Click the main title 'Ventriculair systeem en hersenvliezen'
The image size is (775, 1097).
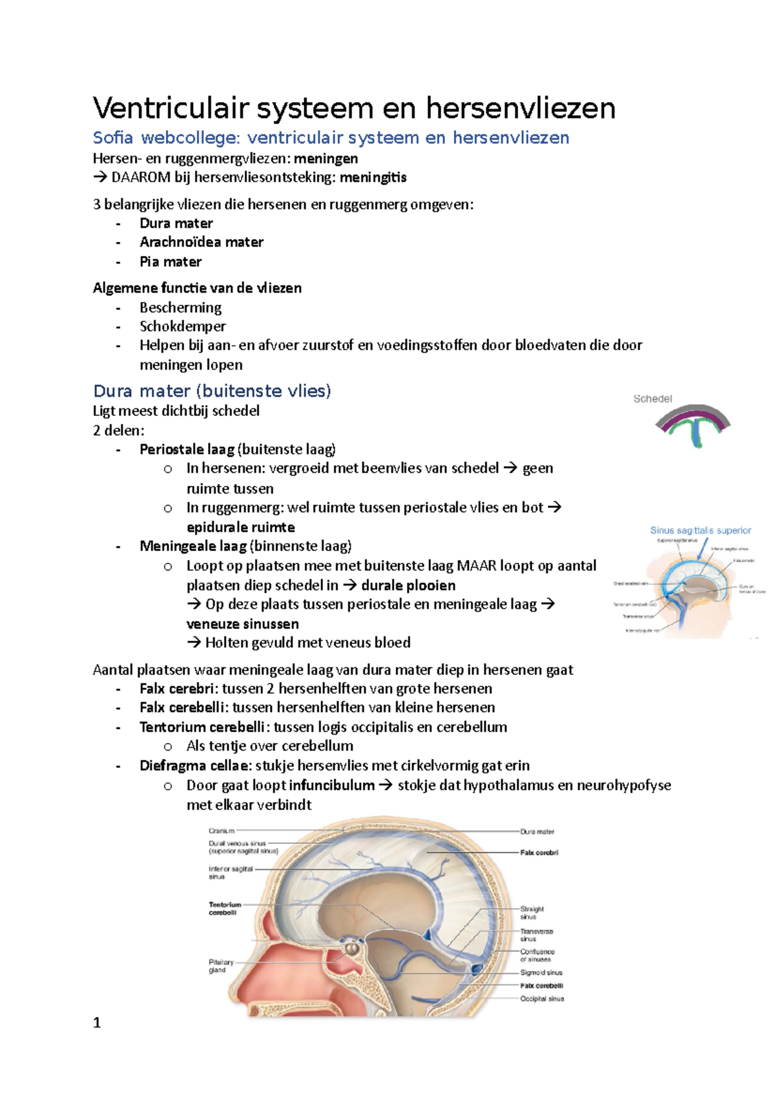click(354, 108)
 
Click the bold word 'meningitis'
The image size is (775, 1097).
click(373, 177)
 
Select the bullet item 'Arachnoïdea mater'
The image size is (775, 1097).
click(201, 242)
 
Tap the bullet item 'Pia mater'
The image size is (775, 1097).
click(170, 262)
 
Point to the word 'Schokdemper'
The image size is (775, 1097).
click(183, 326)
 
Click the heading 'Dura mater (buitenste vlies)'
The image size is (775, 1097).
click(212, 391)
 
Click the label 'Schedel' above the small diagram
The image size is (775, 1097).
click(652, 399)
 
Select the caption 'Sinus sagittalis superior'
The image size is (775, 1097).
click(700, 530)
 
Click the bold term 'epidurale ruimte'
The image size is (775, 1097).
click(240, 527)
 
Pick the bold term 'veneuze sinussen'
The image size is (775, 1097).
click(242, 624)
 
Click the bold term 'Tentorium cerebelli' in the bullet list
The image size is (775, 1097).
click(201, 727)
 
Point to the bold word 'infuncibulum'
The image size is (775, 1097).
click(331, 785)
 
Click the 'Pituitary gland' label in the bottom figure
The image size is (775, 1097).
click(221, 966)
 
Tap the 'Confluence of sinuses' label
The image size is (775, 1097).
click(537, 955)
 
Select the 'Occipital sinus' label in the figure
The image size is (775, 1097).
click(542, 999)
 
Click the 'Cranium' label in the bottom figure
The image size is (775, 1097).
click(221, 831)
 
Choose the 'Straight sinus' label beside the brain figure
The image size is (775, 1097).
click(532, 912)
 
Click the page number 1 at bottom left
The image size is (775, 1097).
click(97, 1022)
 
